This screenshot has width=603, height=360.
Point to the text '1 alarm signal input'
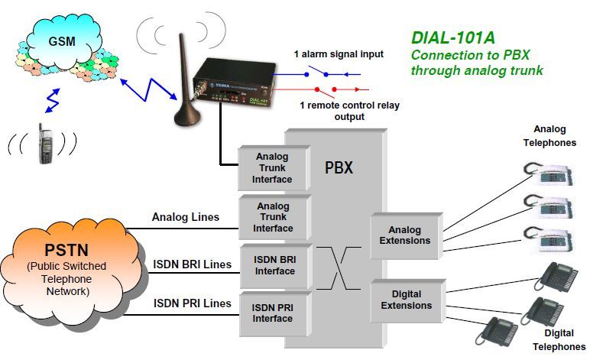coord(338,54)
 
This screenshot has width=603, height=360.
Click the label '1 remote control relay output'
coord(339,111)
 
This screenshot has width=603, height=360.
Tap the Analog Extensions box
coord(404,235)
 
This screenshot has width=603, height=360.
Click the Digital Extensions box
coord(404,300)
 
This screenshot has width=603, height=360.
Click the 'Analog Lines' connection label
coord(186,217)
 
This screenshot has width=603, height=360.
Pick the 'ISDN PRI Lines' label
coord(191,303)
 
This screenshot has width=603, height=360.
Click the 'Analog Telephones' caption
coord(550,137)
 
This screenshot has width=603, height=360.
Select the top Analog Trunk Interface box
coord(273,168)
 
